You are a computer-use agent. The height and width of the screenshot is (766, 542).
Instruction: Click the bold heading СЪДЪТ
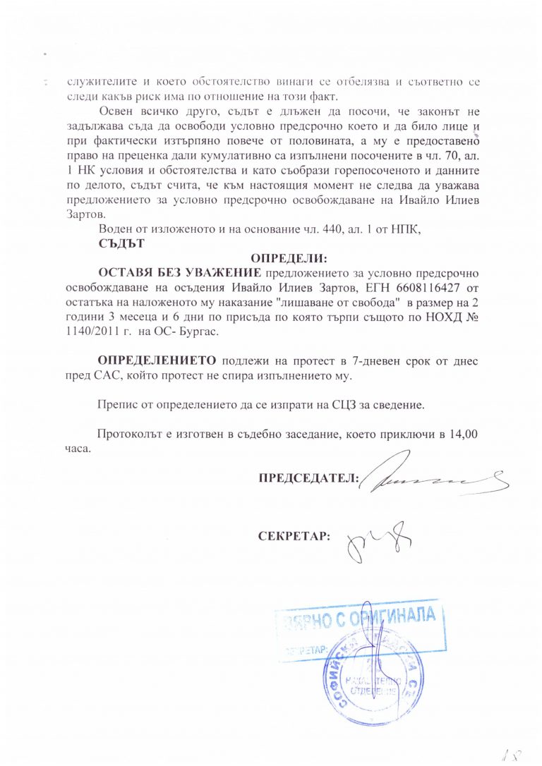[x=121, y=245]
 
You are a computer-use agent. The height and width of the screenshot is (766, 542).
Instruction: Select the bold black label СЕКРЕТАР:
[x=294, y=536]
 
